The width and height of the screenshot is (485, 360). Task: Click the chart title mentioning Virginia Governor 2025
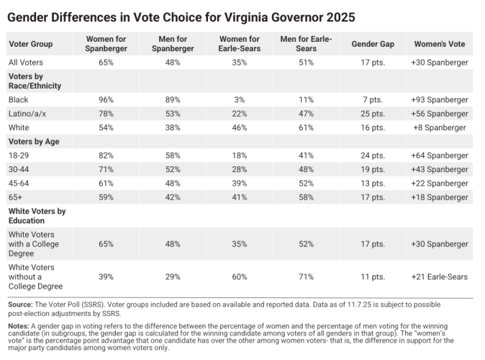point(181,17)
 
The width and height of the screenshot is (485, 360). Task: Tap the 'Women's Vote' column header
point(440,44)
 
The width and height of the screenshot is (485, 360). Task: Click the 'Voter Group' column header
point(30,44)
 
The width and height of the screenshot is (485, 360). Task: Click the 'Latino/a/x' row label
point(27,114)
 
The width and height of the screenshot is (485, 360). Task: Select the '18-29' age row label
point(19,156)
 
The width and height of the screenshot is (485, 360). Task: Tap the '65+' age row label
point(16,197)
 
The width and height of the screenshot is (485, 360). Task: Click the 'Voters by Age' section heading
point(34,142)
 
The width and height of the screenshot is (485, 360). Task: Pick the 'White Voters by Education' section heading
point(37,216)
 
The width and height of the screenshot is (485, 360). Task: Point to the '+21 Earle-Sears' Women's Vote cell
point(440,276)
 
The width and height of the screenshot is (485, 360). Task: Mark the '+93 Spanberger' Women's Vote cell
point(440,100)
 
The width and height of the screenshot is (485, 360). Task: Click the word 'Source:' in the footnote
point(21,305)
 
